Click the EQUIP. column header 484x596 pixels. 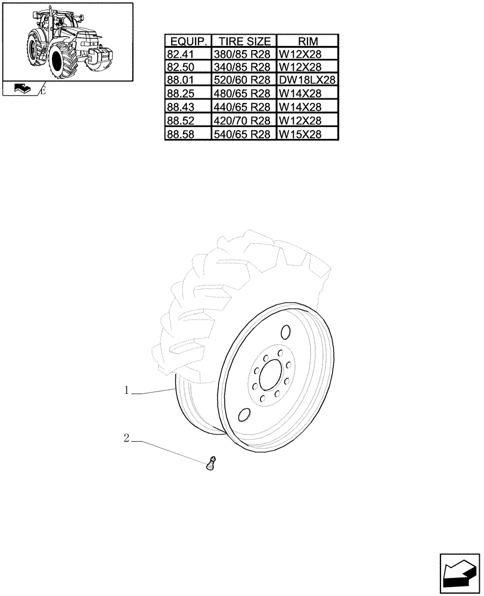coord(188,42)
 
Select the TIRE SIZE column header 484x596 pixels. coord(244,42)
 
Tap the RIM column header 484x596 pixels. coord(308,42)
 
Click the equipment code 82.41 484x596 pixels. coord(181,54)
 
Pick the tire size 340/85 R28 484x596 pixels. coord(243,67)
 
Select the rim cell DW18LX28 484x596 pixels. coord(308,80)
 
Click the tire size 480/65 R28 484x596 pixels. coord(243,94)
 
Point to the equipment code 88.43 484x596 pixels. coord(181,107)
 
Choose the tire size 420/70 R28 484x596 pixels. coord(243,121)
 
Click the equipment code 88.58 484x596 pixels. coord(181,135)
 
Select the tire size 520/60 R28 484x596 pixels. coord(243,80)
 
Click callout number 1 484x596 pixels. coord(127,390)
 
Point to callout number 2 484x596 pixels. coord(126,438)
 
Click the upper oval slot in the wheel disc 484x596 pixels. coord(285,331)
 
